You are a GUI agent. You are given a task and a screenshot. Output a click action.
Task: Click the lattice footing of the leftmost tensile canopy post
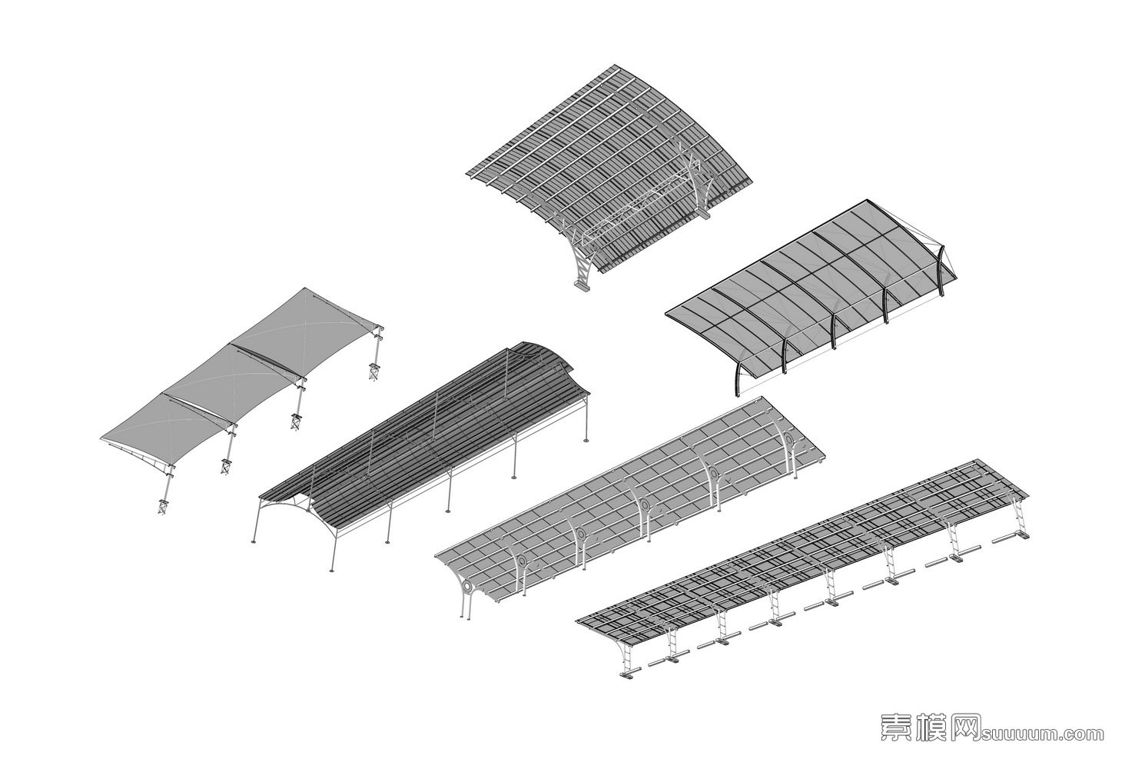click(x=163, y=506)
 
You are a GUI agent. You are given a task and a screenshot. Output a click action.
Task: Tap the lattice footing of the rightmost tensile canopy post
click(x=374, y=371)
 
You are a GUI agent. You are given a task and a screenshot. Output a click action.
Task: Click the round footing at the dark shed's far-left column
click(x=252, y=542)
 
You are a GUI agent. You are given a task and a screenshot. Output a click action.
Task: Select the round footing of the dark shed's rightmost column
click(x=587, y=440)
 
